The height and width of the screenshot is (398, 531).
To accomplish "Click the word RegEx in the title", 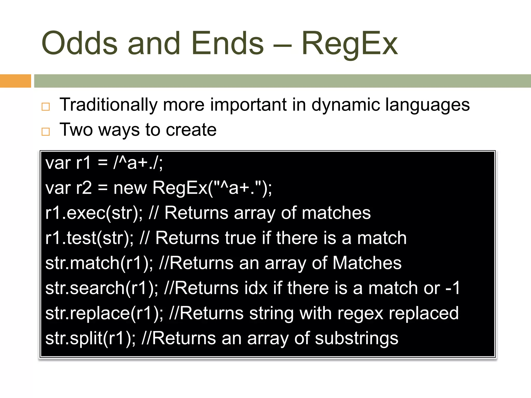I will coord(349,44).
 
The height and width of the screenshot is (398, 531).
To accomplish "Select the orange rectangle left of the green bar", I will coord(15,81).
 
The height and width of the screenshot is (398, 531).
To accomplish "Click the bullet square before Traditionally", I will coord(46,106).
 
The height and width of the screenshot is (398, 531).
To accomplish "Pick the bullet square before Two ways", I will coord(46,132).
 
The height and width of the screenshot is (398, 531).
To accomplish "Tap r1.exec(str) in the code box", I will coord(93,213).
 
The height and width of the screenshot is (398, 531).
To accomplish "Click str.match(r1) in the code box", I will coord(99,263).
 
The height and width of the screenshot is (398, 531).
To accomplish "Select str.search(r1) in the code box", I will coord(101,288).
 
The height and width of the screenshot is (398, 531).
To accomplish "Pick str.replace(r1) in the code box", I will coord(104,313).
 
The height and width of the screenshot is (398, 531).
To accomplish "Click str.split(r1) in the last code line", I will coord(90,338).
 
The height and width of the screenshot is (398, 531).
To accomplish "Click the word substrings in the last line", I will coord(357,338).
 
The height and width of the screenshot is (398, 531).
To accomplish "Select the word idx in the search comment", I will coord(256,288).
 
